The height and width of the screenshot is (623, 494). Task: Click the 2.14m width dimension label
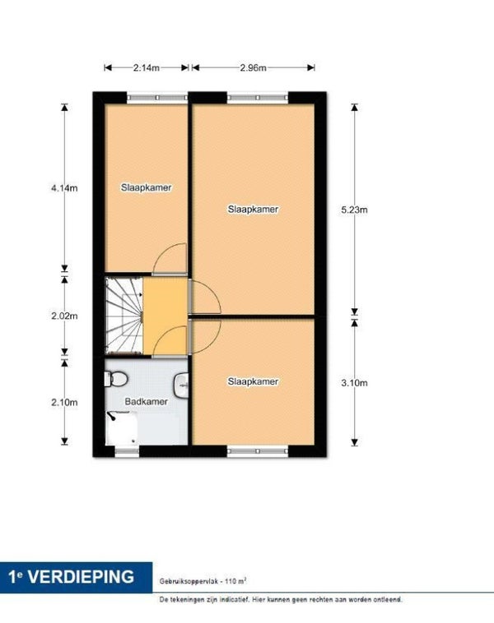[x=146, y=68]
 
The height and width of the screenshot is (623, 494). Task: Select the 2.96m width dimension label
[x=253, y=68]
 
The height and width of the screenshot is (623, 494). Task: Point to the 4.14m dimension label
[x=64, y=188]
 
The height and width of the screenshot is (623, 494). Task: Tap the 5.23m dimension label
[x=354, y=210]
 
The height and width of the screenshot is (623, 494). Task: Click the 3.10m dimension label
[x=354, y=383]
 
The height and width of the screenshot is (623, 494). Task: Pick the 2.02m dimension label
[x=64, y=316]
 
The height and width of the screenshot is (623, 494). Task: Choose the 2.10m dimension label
[x=64, y=403]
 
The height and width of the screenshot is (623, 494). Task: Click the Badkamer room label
[x=146, y=402]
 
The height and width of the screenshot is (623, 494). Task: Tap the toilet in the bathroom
[x=115, y=379]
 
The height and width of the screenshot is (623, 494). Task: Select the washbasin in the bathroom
[x=181, y=385]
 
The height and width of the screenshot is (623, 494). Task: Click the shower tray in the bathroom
[x=121, y=428]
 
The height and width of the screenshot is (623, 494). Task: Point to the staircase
[x=123, y=316]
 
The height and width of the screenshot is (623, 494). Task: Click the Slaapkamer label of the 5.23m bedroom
[x=253, y=210]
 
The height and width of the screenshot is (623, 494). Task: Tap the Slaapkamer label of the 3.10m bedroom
[x=253, y=382]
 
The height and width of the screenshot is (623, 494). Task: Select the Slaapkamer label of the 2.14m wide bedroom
[x=146, y=187]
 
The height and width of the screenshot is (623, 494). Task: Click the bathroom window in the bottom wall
[x=127, y=451]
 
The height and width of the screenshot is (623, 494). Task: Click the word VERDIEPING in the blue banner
[x=81, y=577]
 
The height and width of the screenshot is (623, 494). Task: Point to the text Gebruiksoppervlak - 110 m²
[x=203, y=581]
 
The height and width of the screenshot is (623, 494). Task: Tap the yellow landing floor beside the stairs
[x=165, y=316]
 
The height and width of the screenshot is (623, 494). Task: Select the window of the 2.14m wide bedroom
[x=156, y=97]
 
